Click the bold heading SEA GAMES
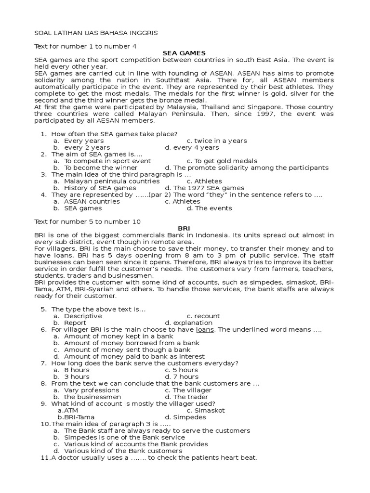click(x=184, y=53)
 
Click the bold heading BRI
click(x=184, y=228)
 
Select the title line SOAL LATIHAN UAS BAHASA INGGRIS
click(x=95, y=33)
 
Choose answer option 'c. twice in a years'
click(x=217, y=141)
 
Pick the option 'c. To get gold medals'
click(x=222, y=161)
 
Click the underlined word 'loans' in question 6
click(x=205, y=329)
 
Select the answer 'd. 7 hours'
click(x=182, y=376)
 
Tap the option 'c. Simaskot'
click(x=206, y=410)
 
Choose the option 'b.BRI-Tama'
click(x=76, y=417)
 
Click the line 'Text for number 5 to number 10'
click(x=87, y=221)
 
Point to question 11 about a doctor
click(x=149, y=457)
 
